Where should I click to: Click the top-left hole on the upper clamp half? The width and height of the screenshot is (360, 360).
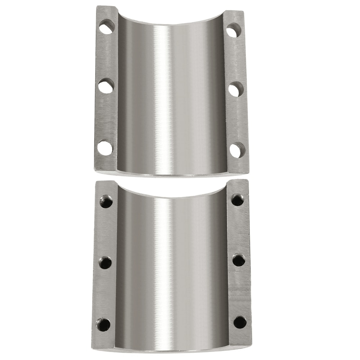[x=107, y=27]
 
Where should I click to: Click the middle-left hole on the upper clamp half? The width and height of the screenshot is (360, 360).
[x=106, y=86]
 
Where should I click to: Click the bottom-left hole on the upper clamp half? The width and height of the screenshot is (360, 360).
[x=105, y=148]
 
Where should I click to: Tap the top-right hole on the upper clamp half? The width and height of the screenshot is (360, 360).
[x=234, y=30]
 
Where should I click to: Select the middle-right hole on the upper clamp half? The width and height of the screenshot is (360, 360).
[x=235, y=89]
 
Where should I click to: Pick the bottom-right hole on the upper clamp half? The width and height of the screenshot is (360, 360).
[x=237, y=150]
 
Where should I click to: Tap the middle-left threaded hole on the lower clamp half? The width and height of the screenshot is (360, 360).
[x=105, y=262]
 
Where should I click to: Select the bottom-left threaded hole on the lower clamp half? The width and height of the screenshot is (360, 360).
[x=103, y=325]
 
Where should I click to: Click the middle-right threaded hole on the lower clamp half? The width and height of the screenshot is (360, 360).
[x=239, y=260]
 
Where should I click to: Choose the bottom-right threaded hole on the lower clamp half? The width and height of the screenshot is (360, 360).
[x=240, y=322]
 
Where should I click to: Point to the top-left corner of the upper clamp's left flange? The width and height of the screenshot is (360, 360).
[x=97, y=6]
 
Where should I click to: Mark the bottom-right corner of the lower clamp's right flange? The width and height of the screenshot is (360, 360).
[x=251, y=345]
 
